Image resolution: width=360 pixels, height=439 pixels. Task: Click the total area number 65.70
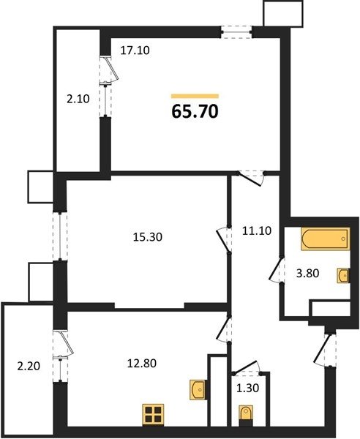click(x=195, y=111)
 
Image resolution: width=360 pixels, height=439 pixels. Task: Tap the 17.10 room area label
click(x=135, y=50)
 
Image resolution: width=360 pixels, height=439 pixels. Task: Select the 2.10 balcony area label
click(x=78, y=99)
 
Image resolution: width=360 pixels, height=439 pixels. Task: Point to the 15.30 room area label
click(x=148, y=237)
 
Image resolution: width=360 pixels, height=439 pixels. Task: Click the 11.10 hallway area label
click(x=257, y=230)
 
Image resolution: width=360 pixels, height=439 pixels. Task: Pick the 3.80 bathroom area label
click(x=307, y=273)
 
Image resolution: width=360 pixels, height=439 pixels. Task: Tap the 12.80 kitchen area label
click(x=142, y=364)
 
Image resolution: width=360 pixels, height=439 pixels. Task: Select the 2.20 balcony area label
click(x=29, y=366)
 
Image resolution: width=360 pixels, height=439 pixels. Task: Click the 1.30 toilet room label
click(x=248, y=388)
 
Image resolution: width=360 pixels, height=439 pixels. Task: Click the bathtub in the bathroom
click(x=326, y=239)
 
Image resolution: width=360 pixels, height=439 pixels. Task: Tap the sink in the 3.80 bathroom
click(x=343, y=276)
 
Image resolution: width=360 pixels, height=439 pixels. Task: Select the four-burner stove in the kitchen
click(x=153, y=415)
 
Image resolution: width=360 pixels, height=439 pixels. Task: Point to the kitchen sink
click(x=198, y=390)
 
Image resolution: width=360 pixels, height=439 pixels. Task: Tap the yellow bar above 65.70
click(x=195, y=97)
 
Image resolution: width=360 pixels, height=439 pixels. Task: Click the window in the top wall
click(x=236, y=32)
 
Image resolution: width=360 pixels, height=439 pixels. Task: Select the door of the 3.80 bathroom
click(x=277, y=269)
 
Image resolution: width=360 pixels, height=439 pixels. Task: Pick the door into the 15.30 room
click(x=223, y=240)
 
